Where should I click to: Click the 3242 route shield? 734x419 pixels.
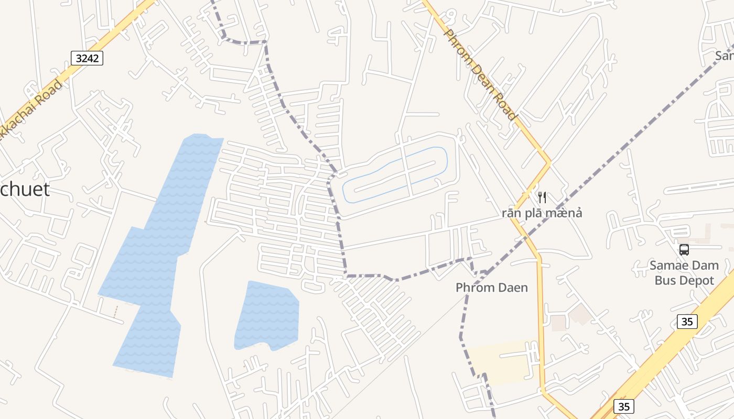87,58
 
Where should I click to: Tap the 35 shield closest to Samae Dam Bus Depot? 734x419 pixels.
687,321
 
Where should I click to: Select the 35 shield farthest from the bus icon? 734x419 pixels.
623,406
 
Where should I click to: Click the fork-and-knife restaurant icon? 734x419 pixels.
542,197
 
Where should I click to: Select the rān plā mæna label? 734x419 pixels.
542,213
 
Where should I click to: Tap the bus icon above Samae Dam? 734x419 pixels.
684,250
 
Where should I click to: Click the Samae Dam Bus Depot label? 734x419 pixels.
684,272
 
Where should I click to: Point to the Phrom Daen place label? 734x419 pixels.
492,288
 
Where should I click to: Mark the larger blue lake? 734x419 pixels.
157,251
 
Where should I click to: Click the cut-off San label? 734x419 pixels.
725,56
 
